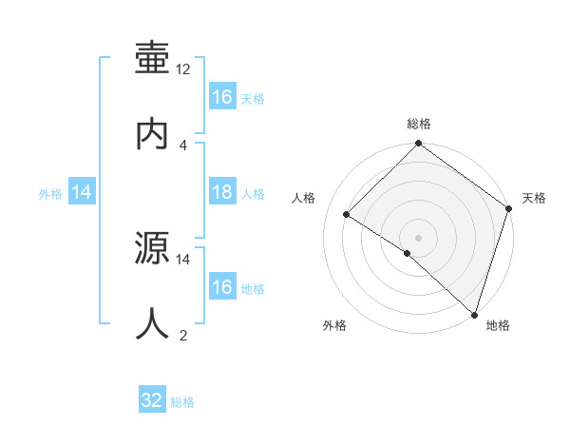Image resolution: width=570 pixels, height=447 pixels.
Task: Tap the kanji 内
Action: [x=152, y=132]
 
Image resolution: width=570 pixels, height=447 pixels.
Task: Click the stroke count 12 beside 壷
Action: [x=183, y=69]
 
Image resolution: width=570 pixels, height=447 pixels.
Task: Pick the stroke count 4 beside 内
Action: [x=183, y=145]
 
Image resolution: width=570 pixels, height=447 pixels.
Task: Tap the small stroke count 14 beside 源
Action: [x=183, y=259]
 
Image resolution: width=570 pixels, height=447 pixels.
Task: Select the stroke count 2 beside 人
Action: [x=183, y=335]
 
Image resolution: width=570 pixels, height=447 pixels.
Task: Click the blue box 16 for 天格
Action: [x=222, y=97]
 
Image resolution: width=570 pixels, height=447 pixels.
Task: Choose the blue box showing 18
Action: [x=222, y=193]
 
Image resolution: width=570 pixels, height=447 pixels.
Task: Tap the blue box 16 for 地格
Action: [x=222, y=287]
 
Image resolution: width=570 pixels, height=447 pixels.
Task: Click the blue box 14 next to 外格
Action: [x=83, y=193]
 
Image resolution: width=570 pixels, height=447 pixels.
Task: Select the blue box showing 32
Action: [x=152, y=401]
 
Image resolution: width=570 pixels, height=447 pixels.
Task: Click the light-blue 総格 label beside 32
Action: [x=183, y=402]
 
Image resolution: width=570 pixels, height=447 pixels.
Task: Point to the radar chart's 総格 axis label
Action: [x=419, y=124]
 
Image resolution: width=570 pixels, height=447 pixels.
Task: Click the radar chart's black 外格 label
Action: [x=334, y=325]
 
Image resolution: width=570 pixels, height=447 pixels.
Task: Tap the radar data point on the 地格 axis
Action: [x=474, y=314]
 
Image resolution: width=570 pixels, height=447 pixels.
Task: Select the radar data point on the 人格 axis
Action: [x=347, y=215]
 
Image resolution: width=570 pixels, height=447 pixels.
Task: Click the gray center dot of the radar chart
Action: [x=418, y=237]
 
